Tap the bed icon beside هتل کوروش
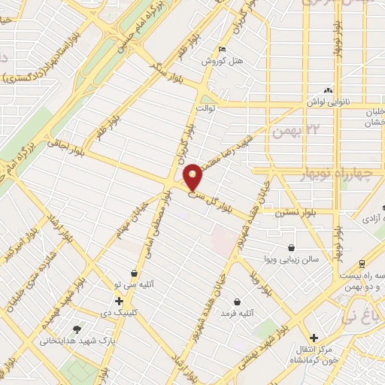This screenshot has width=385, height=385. pyautogui.click(x=221, y=50)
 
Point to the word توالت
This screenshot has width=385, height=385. pyautogui.click(x=206, y=108)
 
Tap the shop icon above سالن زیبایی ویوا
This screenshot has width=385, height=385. pyautogui.click(x=291, y=247)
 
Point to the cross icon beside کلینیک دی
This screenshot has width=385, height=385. pyautogui.click(x=119, y=301)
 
